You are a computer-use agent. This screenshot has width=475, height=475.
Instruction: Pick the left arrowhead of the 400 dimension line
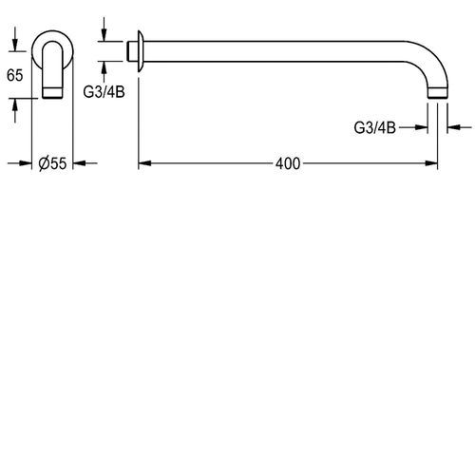(144, 163)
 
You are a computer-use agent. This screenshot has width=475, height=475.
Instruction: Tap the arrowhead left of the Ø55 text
(32, 163)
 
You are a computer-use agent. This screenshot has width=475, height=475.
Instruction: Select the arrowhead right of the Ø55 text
(79, 163)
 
